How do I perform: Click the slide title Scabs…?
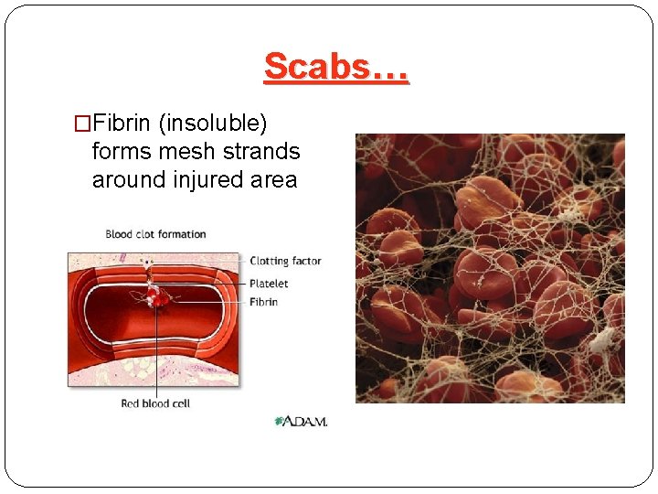click(336, 67)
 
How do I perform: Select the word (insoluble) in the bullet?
click(225, 122)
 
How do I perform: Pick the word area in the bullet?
click(273, 180)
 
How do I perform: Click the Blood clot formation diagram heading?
click(155, 234)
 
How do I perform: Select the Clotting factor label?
click(285, 261)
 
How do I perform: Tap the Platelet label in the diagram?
click(269, 284)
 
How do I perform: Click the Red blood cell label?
click(155, 403)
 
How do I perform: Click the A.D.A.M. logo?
click(301, 421)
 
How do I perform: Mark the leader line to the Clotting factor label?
click(201, 261)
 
